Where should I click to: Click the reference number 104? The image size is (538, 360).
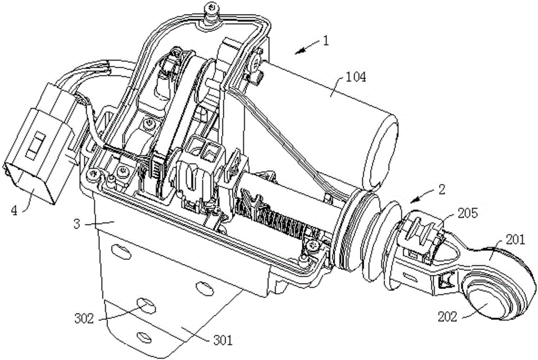pos(356,77)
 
